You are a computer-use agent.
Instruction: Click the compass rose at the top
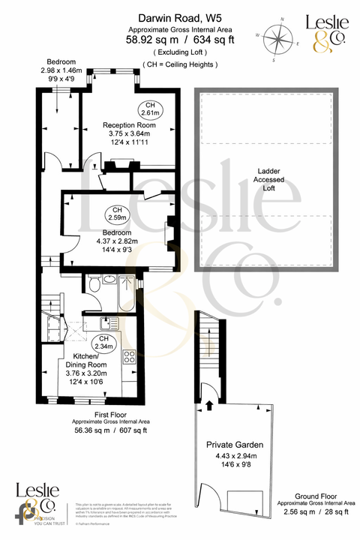point(279,37)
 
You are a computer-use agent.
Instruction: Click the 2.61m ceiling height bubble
point(151,109)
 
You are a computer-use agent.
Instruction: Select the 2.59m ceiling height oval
point(117,213)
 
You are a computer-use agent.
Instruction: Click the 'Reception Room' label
point(129,125)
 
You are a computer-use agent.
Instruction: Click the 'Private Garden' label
point(235,445)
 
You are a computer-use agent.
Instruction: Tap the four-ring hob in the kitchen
point(129,357)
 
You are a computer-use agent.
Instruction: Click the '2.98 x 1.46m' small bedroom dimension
point(60,70)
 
